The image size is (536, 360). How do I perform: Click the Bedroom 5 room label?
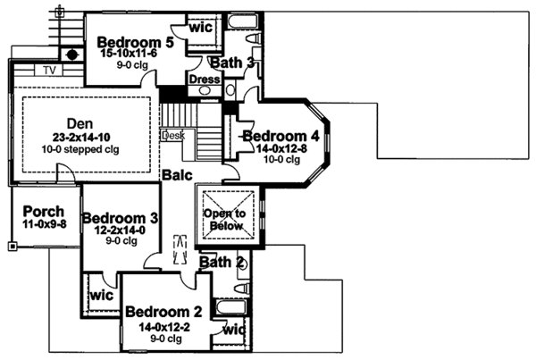coord(134,41)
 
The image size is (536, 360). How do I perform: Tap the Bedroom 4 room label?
coord(279,136)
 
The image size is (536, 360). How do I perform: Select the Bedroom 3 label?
coord(121,218)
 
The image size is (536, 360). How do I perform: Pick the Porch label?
coord(44,212)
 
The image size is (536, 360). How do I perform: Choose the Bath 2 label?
coord(222,263)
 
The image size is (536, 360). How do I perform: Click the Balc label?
coord(174,177)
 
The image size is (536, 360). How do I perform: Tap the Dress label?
coord(203,79)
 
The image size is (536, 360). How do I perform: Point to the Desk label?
coord(172,136)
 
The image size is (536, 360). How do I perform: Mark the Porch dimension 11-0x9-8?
coord(44,225)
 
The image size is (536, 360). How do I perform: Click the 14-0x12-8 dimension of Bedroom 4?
coord(279,148)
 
